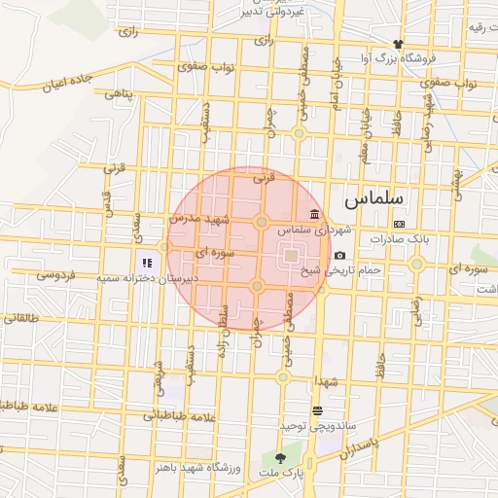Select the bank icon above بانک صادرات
coord(399,224)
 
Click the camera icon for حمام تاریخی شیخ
coord(339,255)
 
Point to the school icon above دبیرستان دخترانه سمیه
coord(148,262)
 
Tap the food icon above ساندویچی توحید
coord(317,410)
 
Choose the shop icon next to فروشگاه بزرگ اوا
coord(398,44)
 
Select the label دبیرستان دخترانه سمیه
coord(146,278)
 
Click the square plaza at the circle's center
coord(291,256)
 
